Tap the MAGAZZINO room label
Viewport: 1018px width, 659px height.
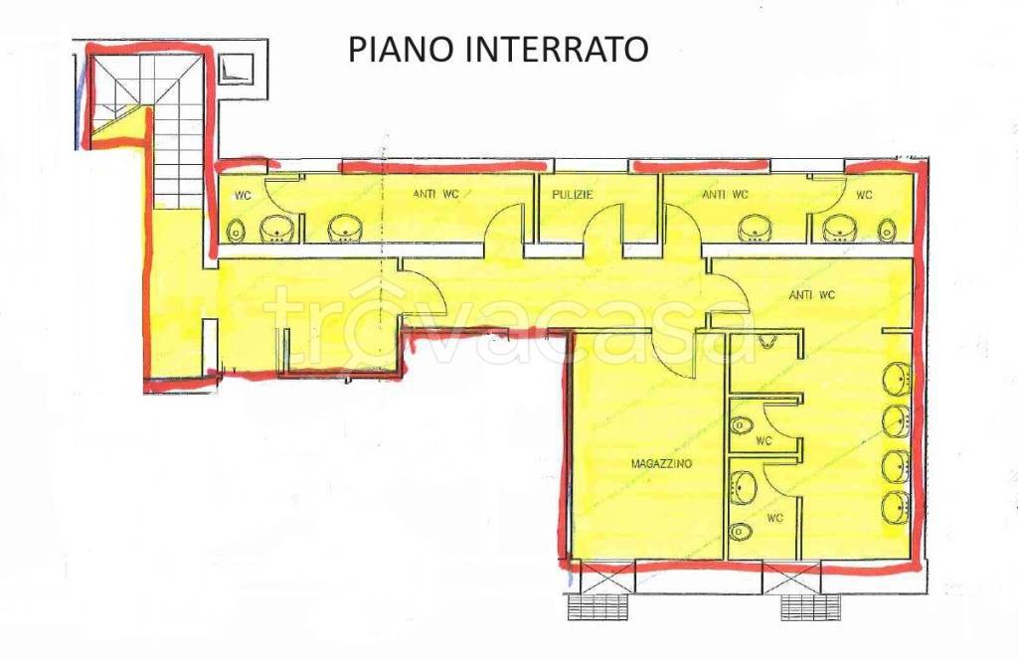(660, 464)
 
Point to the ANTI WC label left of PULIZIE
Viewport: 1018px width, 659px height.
(434, 195)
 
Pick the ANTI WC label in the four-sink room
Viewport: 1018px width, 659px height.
(811, 294)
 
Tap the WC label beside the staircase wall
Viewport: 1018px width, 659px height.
(242, 196)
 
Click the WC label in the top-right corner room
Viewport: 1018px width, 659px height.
(864, 195)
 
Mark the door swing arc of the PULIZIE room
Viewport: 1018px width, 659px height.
(601, 225)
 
